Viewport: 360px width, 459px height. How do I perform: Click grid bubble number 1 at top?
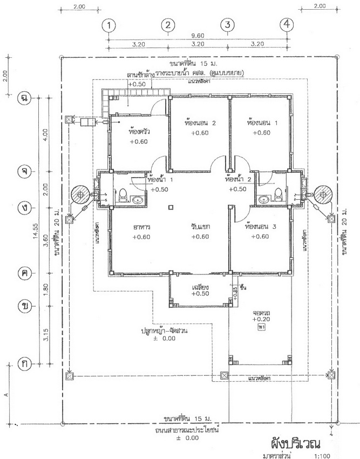tap(109, 25)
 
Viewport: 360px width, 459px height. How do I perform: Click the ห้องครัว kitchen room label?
tap(139, 131)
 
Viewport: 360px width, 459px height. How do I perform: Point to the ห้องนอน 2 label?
tap(200, 123)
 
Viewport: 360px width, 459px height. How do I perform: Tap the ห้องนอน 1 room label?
tap(261, 123)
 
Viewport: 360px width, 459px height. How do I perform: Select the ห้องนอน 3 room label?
tap(261, 227)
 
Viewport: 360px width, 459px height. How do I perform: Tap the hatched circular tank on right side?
tap(323, 193)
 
